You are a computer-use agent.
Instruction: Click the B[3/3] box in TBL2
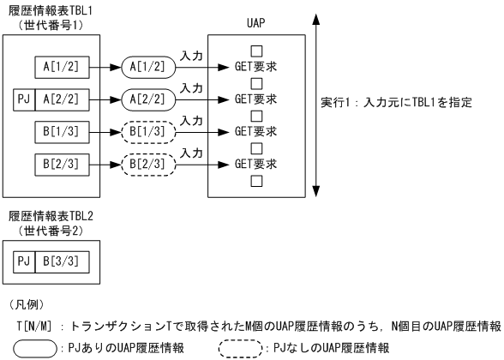pyautogui.click(x=63, y=255)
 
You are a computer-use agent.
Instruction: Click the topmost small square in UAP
pyautogui.click(x=255, y=51)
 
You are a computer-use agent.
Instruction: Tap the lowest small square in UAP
pyautogui.click(x=255, y=180)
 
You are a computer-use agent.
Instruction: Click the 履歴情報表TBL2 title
pyautogui.click(x=50, y=214)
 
